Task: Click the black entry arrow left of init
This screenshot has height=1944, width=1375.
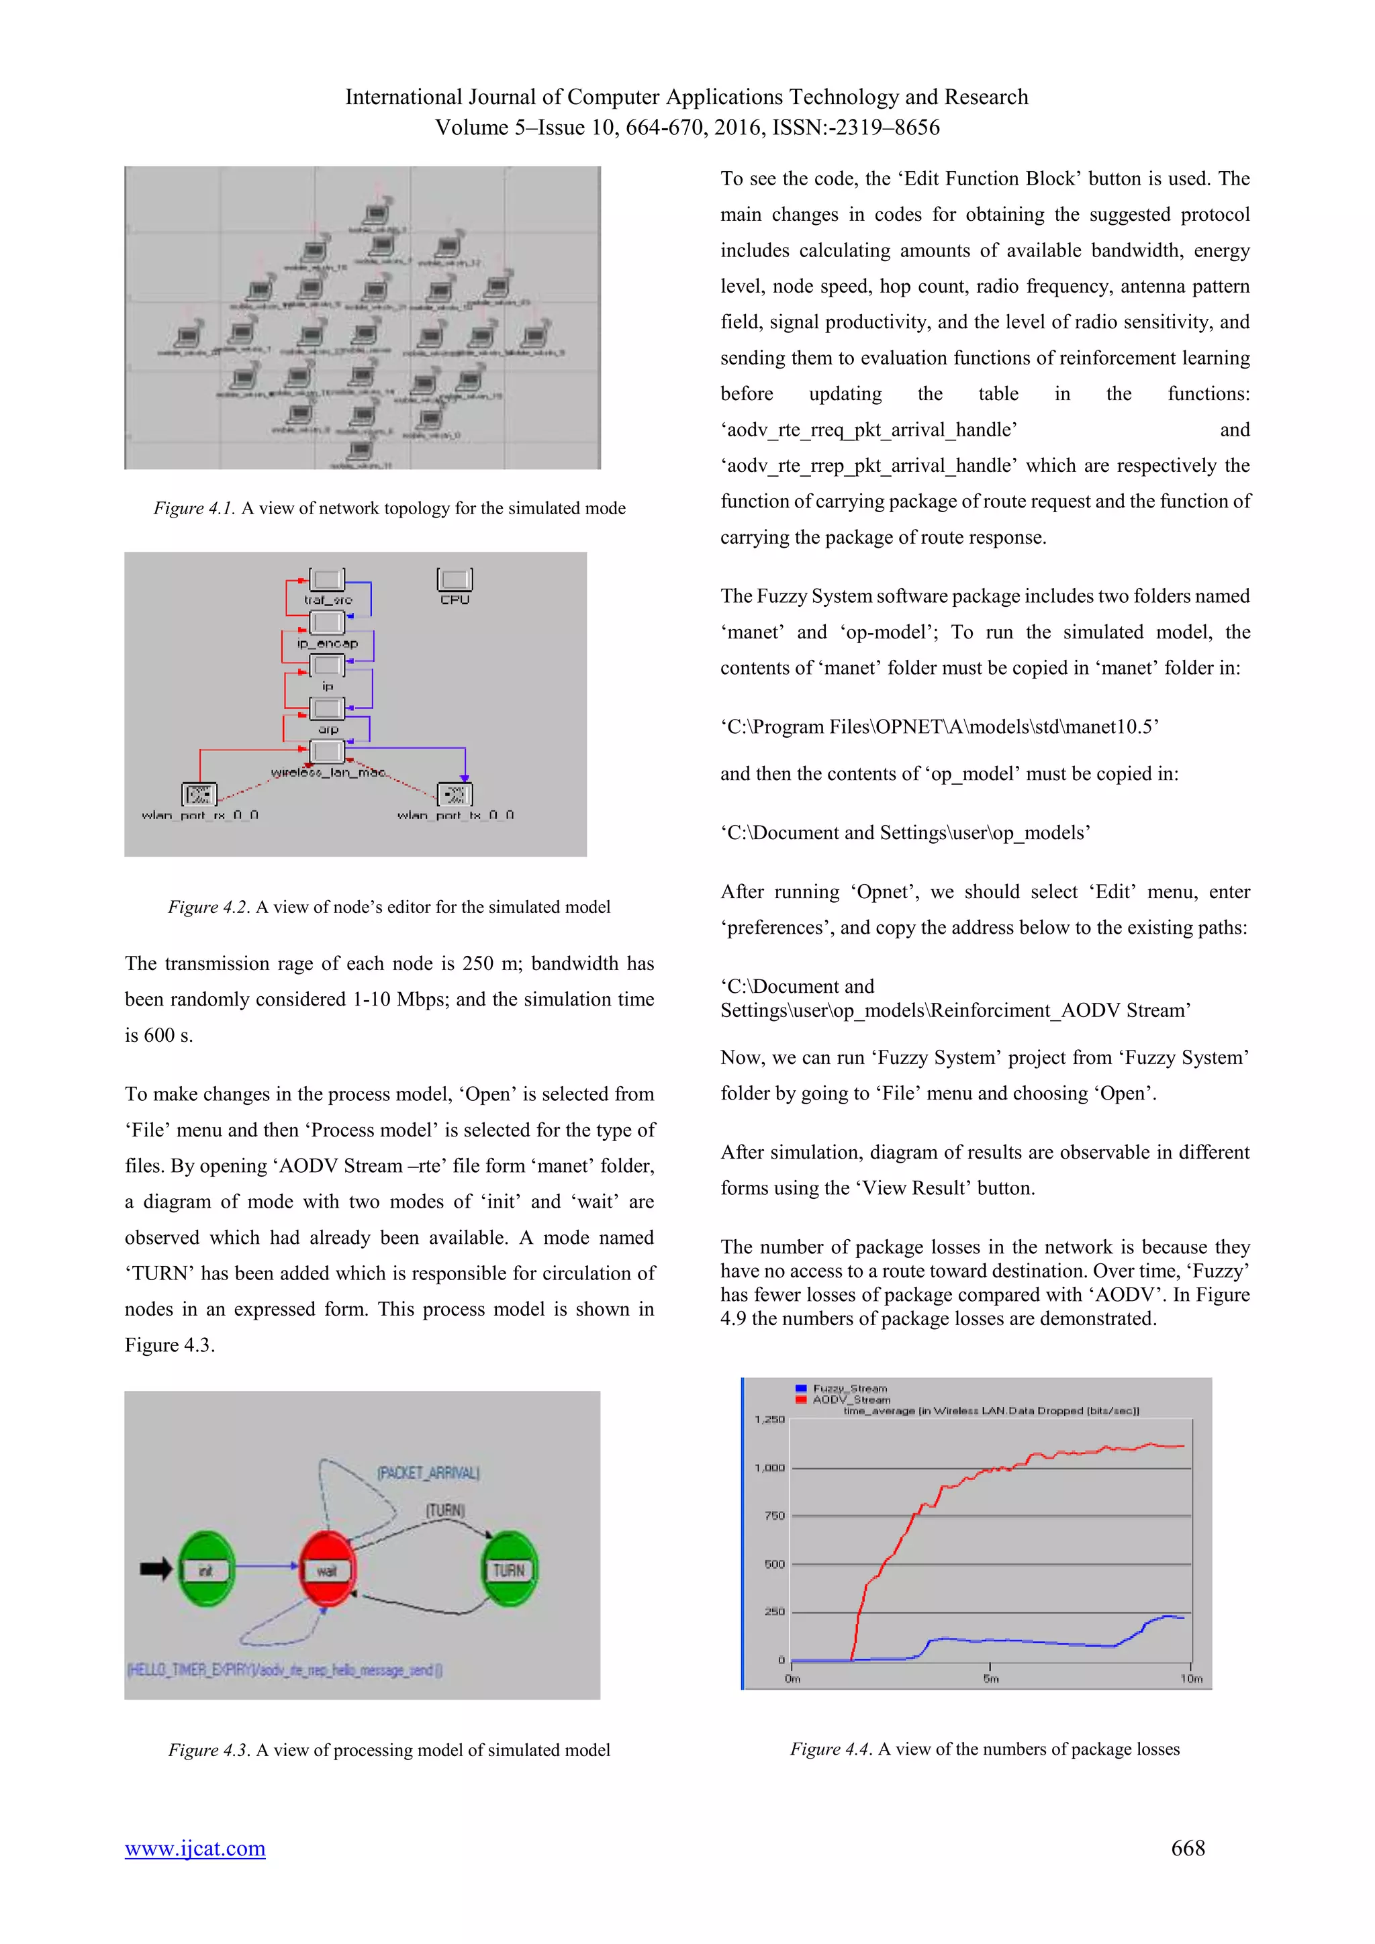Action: [x=156, y=1569]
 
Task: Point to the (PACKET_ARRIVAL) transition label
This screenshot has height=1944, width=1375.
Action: [x=428, y=1473]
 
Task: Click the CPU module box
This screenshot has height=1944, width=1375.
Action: [x=455, y=580]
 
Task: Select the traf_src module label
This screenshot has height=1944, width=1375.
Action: [x=328, y=600]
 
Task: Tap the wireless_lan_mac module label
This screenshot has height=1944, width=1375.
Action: [x=328, y=772]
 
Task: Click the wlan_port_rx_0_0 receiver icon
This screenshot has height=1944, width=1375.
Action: [x=199, y=794]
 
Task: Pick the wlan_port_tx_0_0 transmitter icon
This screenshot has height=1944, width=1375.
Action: [x=455, y=794]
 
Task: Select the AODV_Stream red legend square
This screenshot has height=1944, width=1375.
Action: [x=801, y=1400]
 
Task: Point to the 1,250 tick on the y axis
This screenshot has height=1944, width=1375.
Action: [x=769, y=1419]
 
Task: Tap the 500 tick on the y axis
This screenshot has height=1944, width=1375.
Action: [x=775, y=1564]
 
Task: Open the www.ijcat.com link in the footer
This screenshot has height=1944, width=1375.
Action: [x=195, y=1848]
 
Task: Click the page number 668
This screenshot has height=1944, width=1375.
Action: [x=1187, y=1848]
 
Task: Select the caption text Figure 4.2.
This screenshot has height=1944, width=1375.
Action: [x=208, y=907]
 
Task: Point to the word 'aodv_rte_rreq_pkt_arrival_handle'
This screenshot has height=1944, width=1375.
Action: [x=869, y=430]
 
